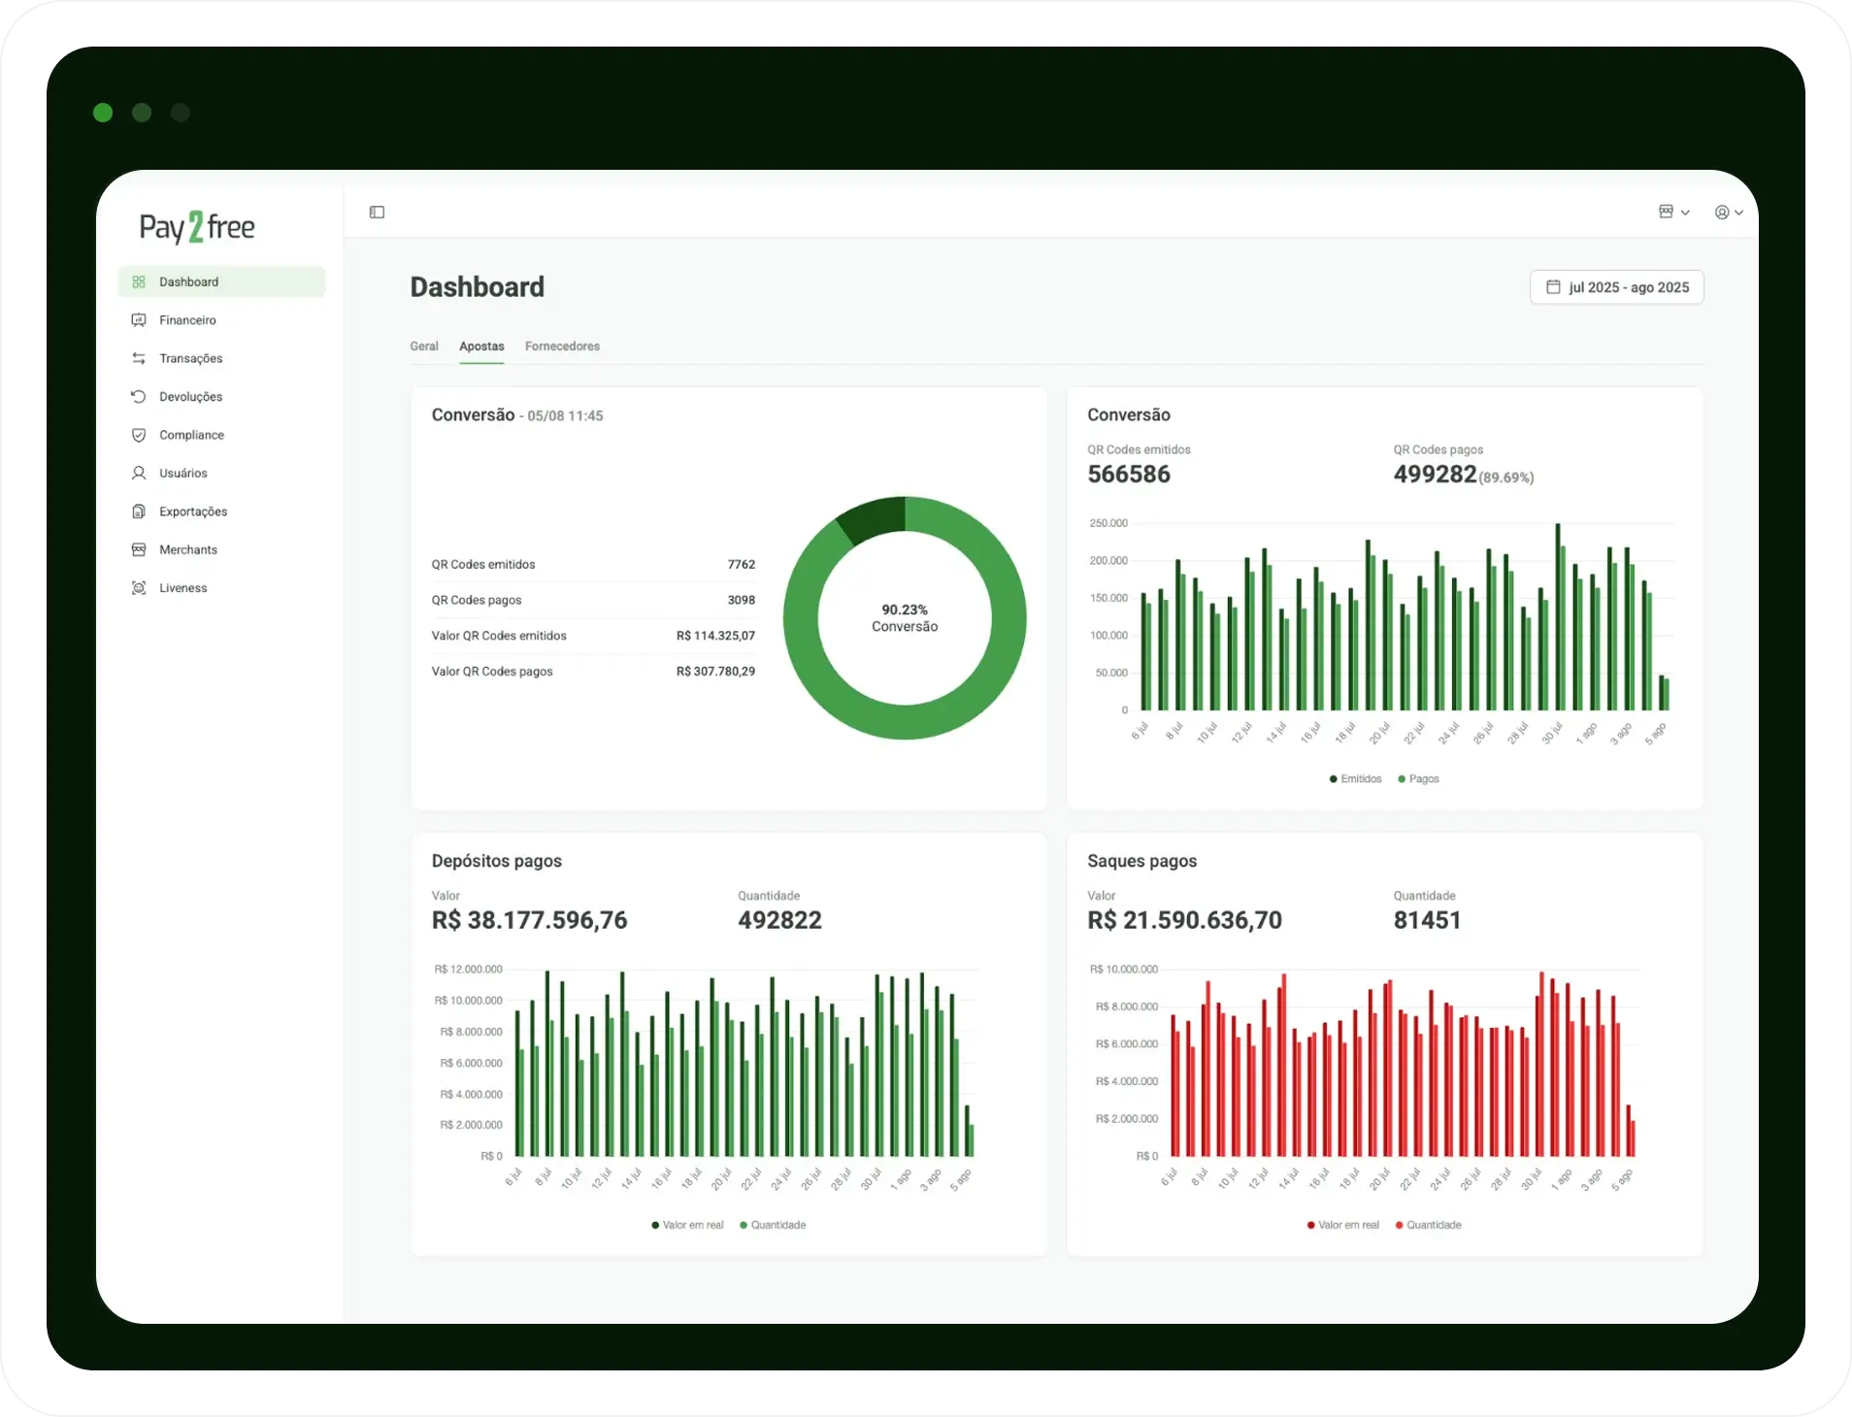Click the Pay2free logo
pyautogui.click(x=197, y=227)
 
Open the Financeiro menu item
pyautogui.click(x=187, y=320)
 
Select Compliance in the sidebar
pyautogui.click(x=191, y=435)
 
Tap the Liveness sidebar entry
pyautogui.click(x=182, y=588)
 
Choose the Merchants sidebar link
pyautogui.click(x=188, y=550)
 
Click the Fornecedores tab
pyautogui.click(x=562, y=346)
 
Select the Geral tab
pyautogui.click(x=424, y=346)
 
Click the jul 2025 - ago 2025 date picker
pyautogui.click(x=1617, y=287)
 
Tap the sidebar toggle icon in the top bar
pyautogui.click(x=378, y=213)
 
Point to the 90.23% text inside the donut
pyautogui.click(x=905, y=610)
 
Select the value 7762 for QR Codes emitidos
pyautogui.click(x=742, y=565)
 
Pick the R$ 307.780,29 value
pyautogui.click(x=715, y=672)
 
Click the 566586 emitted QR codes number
pyautogui.click(x=1129, y=475)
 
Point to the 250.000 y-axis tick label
pyautogui.click(x=1108, y=523)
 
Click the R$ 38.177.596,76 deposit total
pyautogui.click(x=529, y=920)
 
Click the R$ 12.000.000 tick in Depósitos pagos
pyautogui.click(x=468, y=970)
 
